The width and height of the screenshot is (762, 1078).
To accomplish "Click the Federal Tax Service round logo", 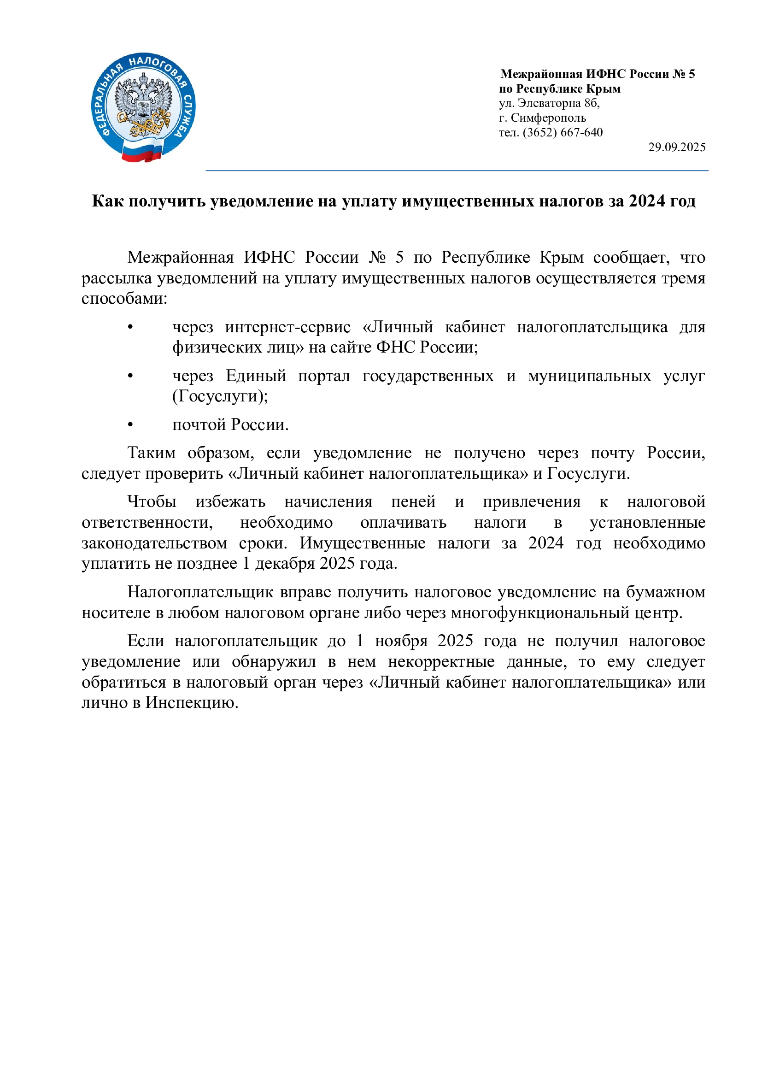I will point(143,107).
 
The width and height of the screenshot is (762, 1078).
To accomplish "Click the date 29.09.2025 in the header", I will point(677,147).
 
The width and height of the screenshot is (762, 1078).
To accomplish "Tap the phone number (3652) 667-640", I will point(563,132).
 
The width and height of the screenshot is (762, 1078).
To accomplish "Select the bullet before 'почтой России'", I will point(130,425).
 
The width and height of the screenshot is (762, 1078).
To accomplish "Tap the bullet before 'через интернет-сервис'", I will point(130,327).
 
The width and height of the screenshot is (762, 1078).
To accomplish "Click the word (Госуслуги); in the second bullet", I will point(220,396).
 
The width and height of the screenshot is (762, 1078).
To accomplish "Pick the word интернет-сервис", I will point(287,327).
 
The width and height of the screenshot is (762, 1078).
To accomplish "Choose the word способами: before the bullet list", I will point(124,299).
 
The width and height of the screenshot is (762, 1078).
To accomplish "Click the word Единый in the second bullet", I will point(256,376).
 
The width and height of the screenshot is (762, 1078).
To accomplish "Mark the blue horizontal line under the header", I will point(457,171).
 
